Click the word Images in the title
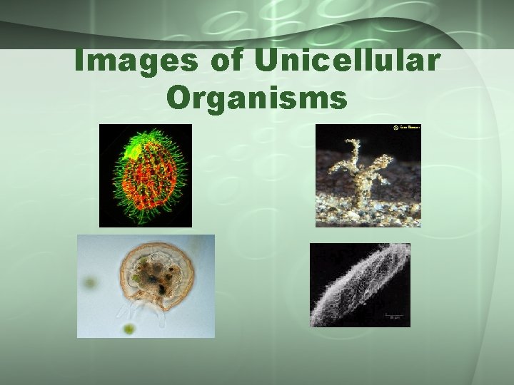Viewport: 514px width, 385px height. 136,62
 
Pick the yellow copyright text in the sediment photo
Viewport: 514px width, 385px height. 409,128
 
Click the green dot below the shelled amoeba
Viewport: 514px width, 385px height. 128,329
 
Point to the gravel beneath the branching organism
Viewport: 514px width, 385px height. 368,210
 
